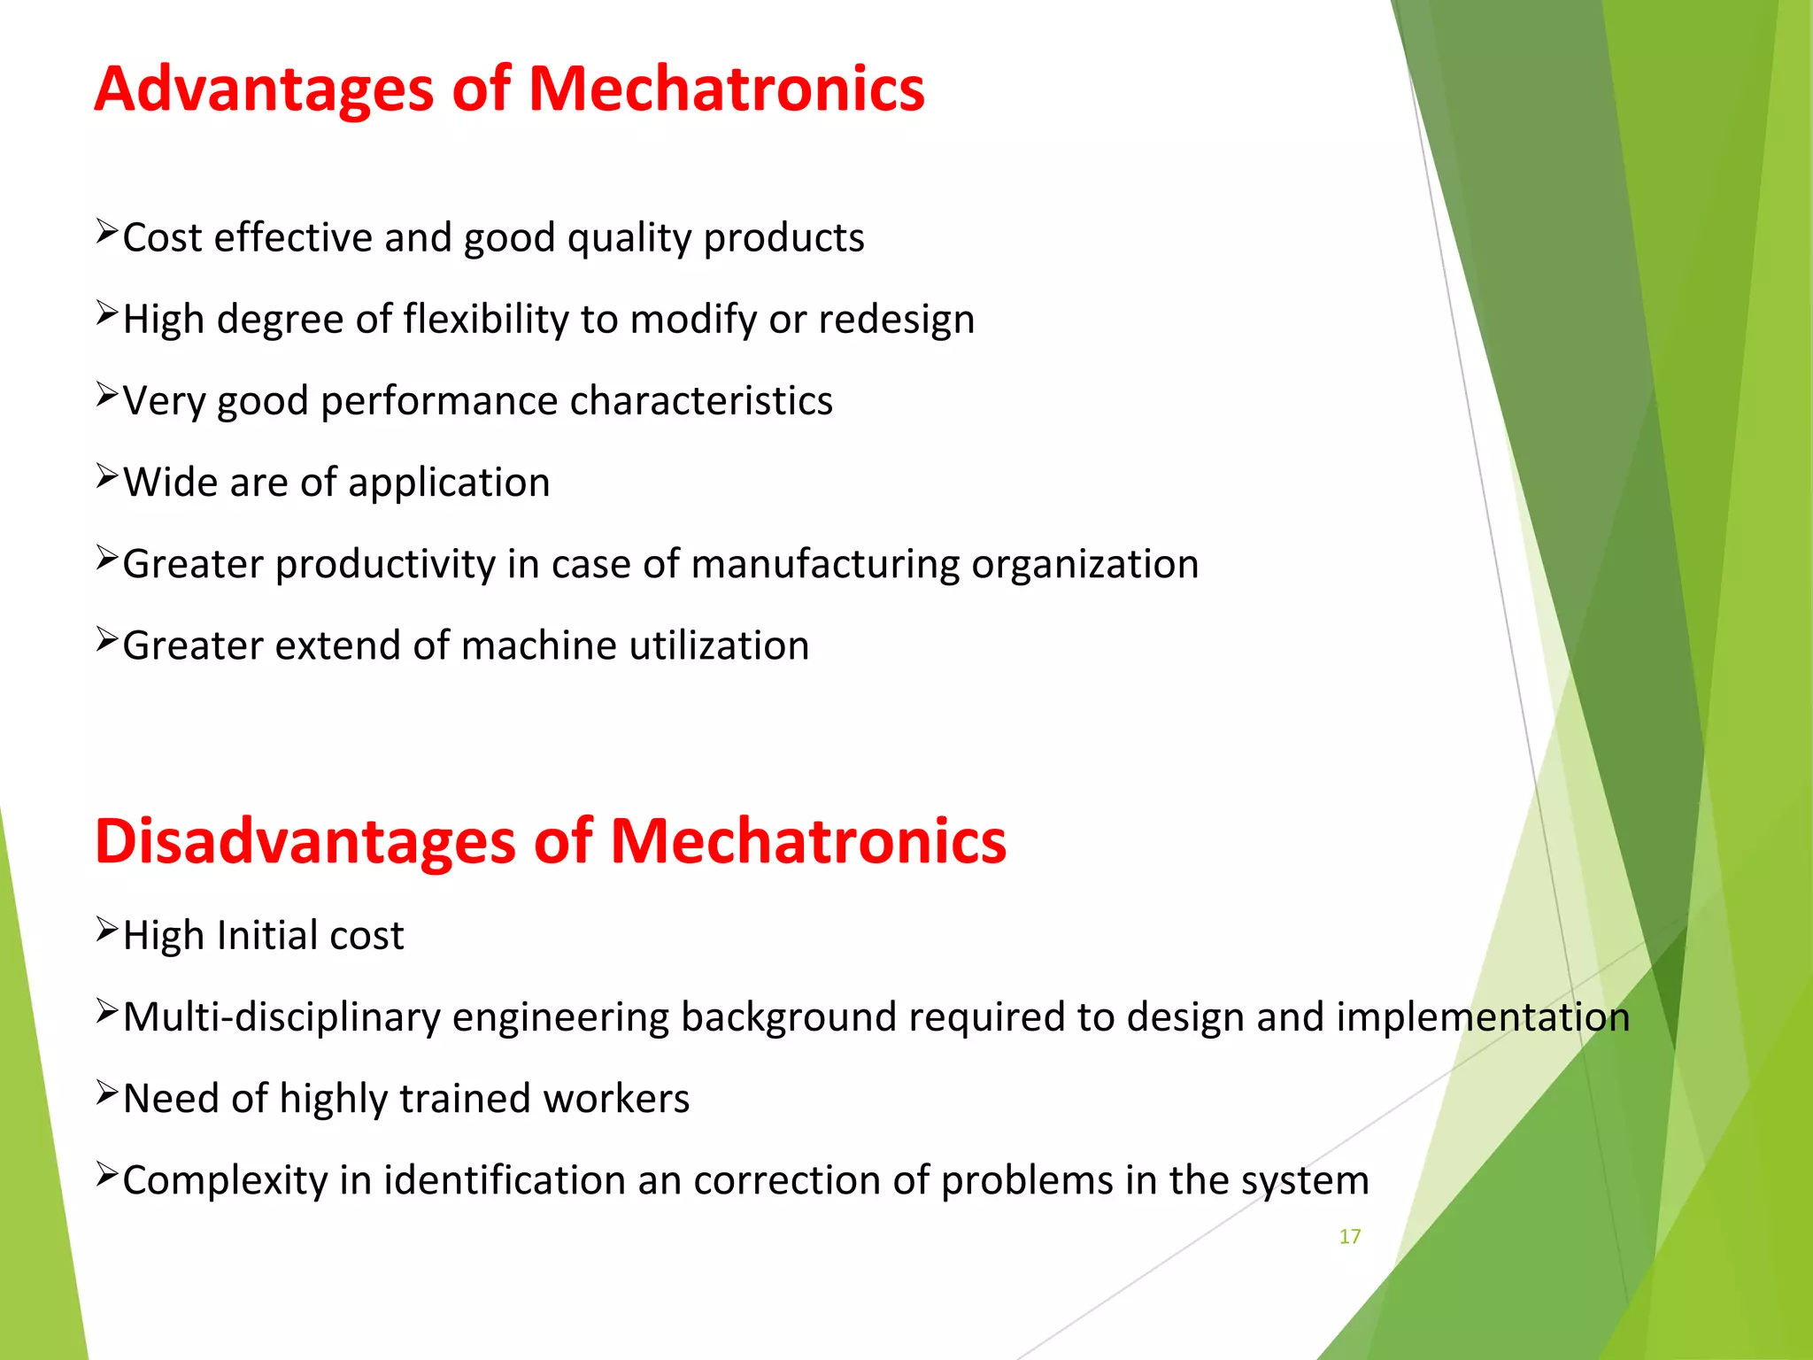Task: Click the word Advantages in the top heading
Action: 264,90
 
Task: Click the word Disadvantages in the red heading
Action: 305,841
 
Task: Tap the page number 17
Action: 1349,1237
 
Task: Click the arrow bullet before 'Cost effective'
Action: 107,233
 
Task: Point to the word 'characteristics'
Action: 701,400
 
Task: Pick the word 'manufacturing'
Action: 825,565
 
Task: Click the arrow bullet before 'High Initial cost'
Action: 107,930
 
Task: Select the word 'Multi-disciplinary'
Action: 282,1017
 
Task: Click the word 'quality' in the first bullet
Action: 629,239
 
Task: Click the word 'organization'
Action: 1084,565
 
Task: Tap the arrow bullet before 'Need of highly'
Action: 107,1093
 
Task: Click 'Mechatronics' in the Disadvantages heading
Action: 807,841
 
